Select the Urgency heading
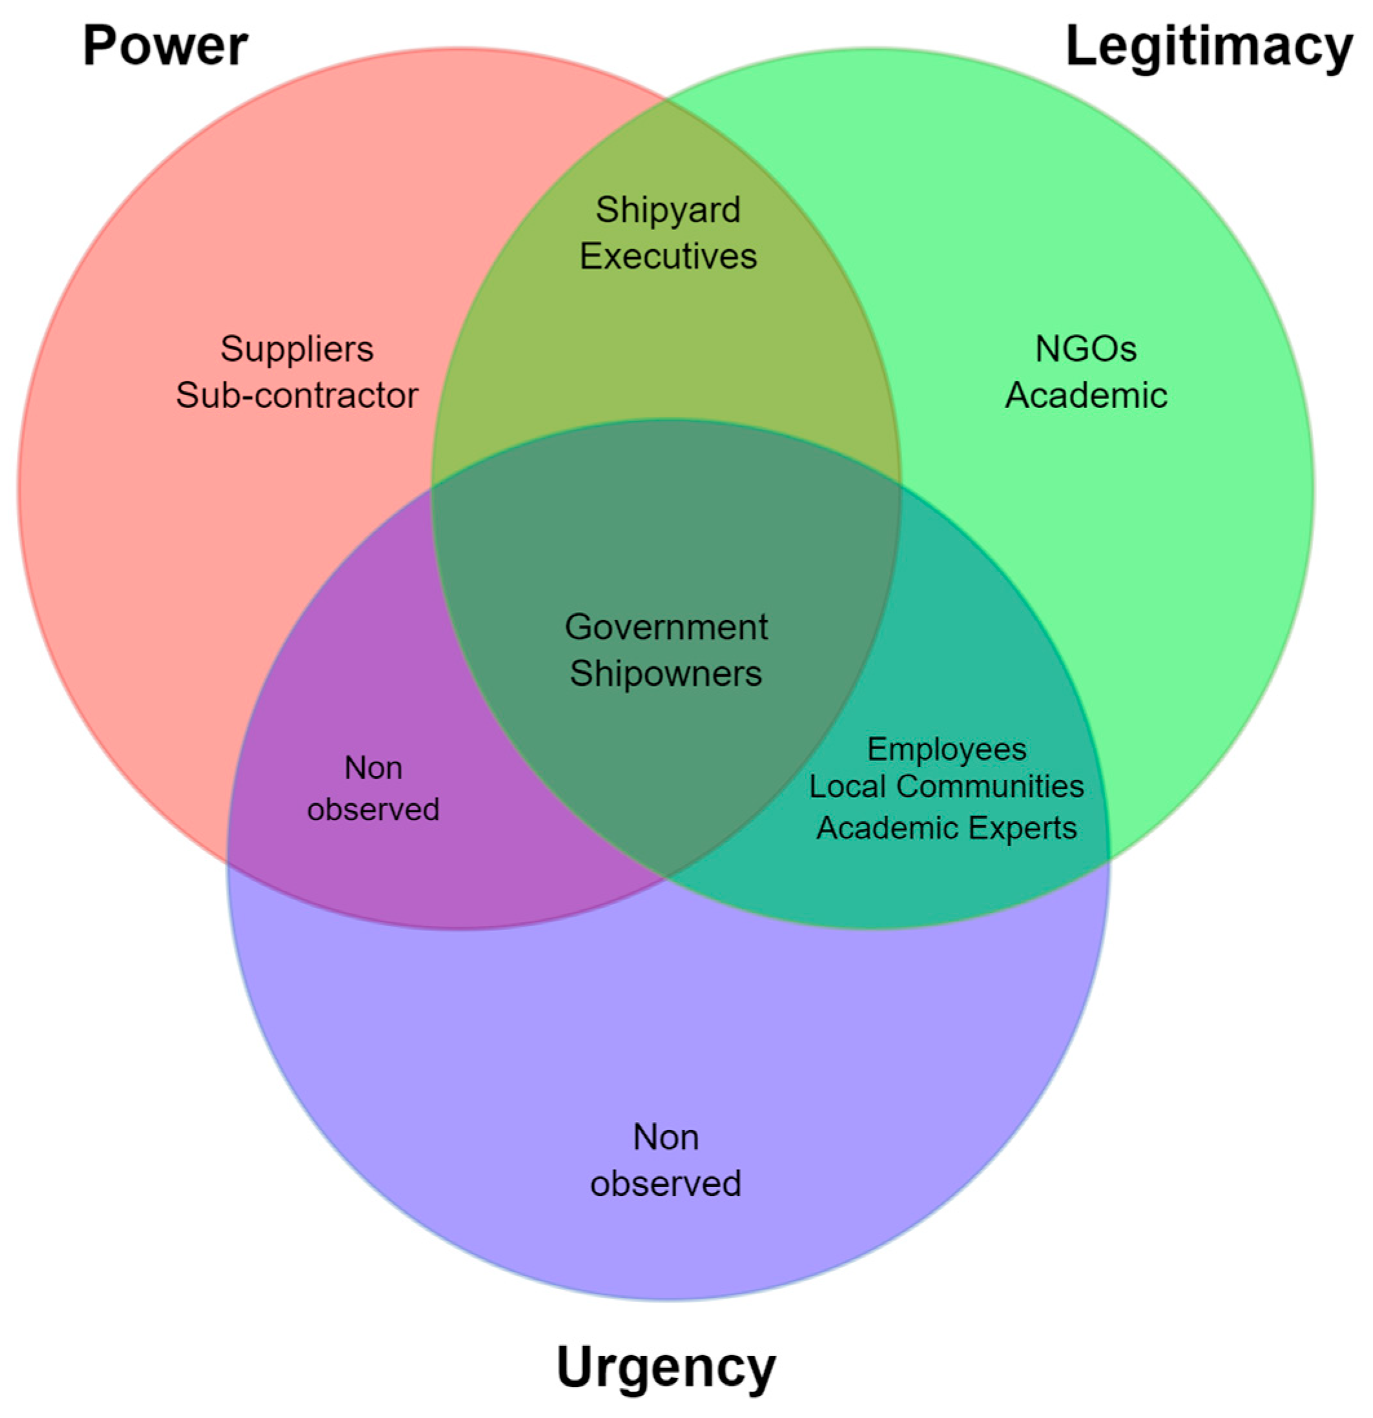coord(666,1366)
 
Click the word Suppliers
coord(296,349)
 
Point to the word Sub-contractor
coord(296,395)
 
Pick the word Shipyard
coord(668,211)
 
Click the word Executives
coord(668,256)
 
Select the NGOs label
coord(1086,349)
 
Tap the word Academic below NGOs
coord(1086,395)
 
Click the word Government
coord(666,626)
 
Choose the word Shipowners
coord(666,673)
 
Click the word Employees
coord(946,750)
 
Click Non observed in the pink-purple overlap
coord(373,788)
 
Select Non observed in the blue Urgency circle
coord(666,1160)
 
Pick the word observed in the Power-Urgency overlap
coord(373,809)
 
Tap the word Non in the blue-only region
coord(666,1137)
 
